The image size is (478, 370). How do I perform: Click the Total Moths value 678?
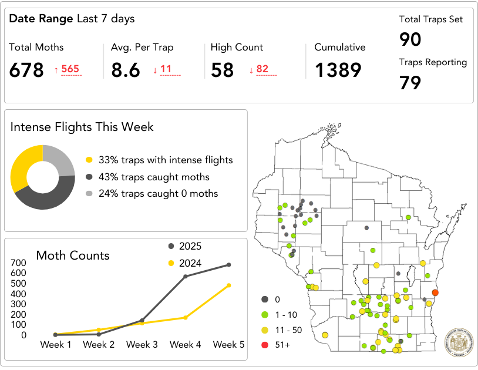click(26, 70)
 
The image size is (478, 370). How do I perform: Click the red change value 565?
click(70, 69)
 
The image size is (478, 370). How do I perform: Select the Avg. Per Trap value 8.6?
click(126, 70)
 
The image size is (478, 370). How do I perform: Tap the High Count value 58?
click(223, 70)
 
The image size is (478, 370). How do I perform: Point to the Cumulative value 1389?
click(338, 70)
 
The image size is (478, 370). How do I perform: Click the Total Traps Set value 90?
click(410, 39)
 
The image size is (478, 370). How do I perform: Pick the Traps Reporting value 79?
click(410, 83)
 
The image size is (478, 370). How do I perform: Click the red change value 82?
click(262, 69)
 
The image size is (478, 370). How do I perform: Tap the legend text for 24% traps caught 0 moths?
click(158, 193)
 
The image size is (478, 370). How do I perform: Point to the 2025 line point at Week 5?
click(228, 265)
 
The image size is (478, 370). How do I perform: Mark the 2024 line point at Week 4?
click(186, 317)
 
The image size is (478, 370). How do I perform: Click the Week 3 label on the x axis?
click(142, 345)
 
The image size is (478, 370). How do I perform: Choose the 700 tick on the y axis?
click(19, 263)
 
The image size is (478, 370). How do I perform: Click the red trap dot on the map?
click(435, 292)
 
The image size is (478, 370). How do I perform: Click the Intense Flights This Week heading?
click(82, 127)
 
